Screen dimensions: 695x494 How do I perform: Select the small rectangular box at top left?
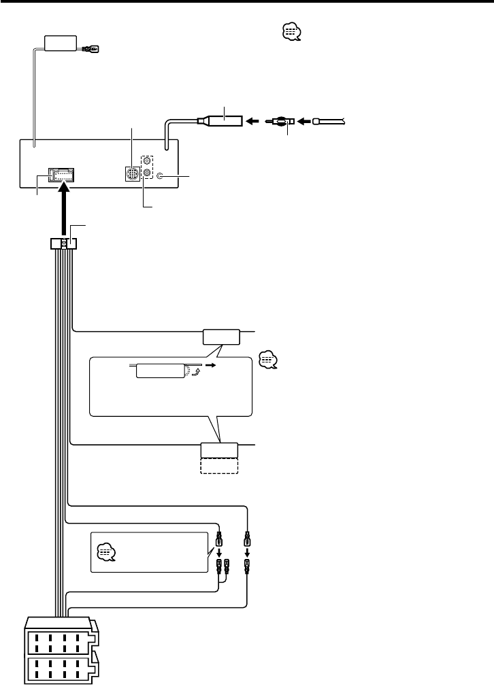coord(61,44)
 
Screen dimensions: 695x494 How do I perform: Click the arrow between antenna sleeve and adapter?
coord(253,122)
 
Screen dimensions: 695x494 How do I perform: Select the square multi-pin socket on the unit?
coord(133,174)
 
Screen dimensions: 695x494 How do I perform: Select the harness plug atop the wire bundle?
coord(64,243)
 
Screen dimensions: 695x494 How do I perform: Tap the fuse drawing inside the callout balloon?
coord(161,371)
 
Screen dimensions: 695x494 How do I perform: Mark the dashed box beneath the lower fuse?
coord(219,466)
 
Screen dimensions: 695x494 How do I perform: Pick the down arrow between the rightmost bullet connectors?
coord(248,553)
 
